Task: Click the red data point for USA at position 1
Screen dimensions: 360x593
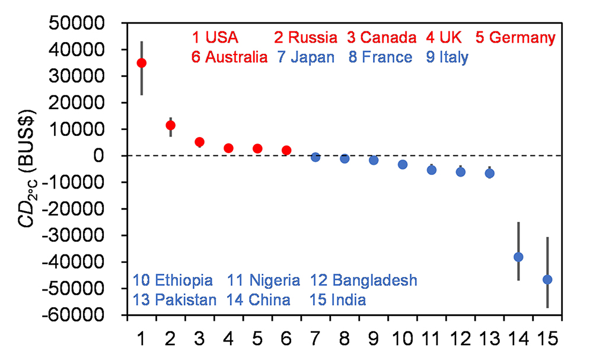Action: (x=142, y=63)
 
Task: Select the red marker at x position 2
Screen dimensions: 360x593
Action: (x=171, y=125)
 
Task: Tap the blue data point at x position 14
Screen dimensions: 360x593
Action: (x=518, y=257)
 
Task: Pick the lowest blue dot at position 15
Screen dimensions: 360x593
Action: (x=547, y=279)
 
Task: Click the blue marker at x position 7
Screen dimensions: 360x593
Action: (x=315, y=157)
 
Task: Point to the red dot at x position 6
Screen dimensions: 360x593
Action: (x=286, y=150)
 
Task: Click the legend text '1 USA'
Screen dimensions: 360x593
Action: (x=215, y=38)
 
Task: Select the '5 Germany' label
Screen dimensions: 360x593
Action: (x=515, y=38)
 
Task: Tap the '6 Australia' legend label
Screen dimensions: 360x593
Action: (x=229, y=57)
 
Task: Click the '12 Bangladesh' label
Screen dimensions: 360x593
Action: (x=364, y=280)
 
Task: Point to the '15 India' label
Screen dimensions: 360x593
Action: (x=337, y=300)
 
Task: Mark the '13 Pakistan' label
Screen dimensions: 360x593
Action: (x=175, y=300)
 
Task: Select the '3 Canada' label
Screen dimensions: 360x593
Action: (x=381, y=38)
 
